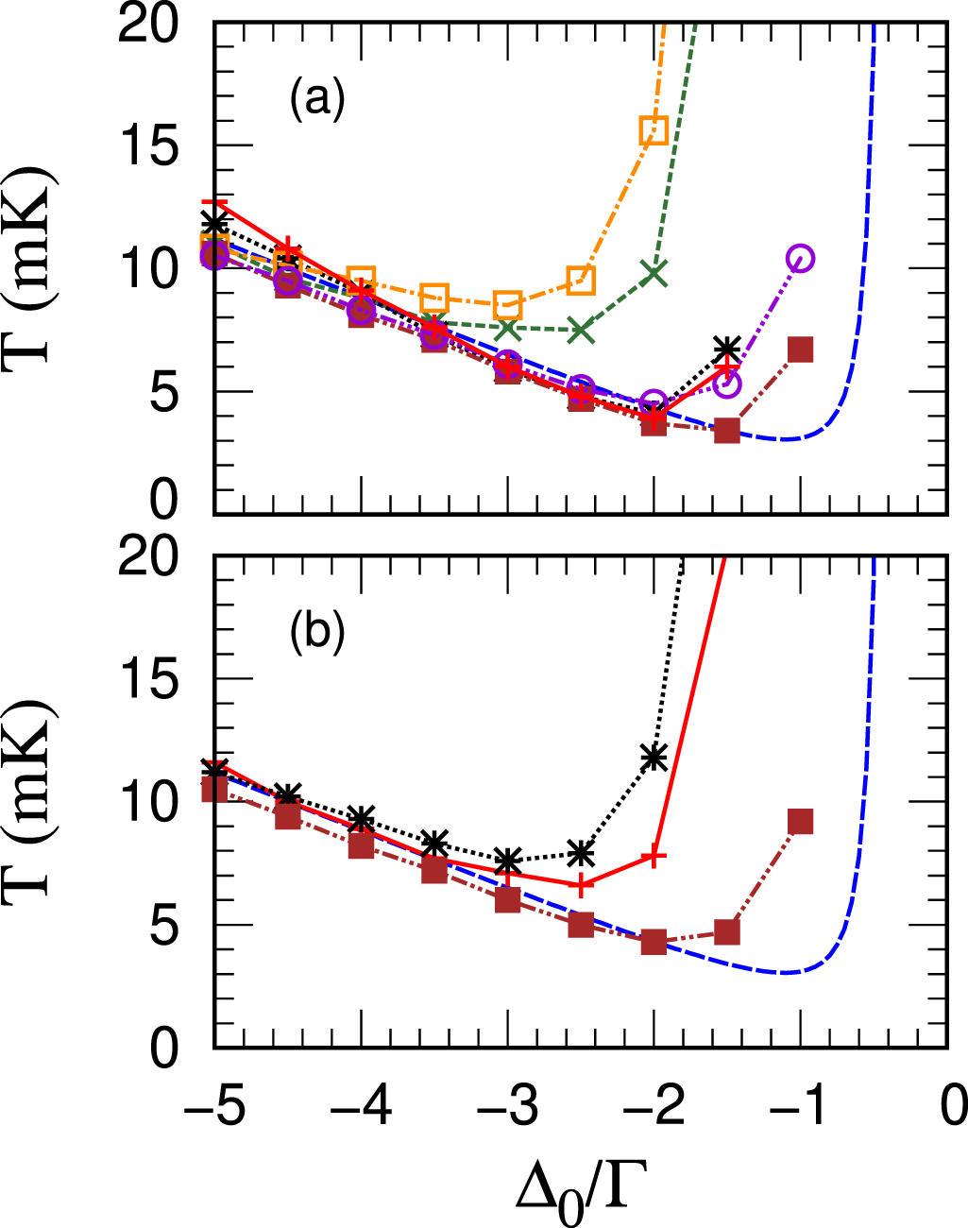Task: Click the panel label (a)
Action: pyautogui.click(x=317, y=98)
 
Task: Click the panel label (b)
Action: pyautogui.click(x=317, y=632)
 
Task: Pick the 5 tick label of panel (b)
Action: pyautogui.click(x=163, y=927)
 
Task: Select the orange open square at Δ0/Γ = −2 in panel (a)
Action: pyautogui.click(x=654, y=129)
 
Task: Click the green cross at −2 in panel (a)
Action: pyautogui.click(x=654, y=274)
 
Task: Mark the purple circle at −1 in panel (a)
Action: pyautogui.click(x=801, y=258)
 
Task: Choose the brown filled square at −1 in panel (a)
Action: pyautogui.click(x=801, y=350)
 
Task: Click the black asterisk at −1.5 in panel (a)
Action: pyautogui.click(x=726, y=348)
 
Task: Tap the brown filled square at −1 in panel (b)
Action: pyautogui.click(x=801, y=821)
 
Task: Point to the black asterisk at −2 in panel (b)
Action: pyautogui.click(x=654, y=757)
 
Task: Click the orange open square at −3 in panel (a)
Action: pyautogui.click(x=508, y=305)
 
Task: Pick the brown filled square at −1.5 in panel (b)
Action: pyautogui.click(x=726, y=931)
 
